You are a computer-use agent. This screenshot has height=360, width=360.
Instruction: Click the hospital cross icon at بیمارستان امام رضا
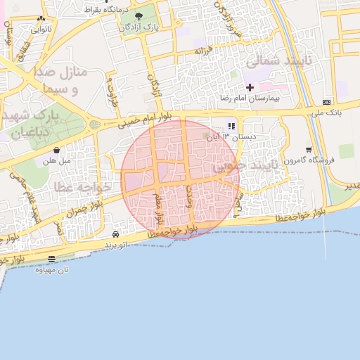(x=250, y=86)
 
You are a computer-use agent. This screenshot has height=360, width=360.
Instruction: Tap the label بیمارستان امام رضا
(x=250, y=98)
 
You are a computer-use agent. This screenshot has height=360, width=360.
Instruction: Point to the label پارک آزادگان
(x=138, y=27)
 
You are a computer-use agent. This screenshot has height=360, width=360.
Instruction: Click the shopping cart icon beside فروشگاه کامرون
(x=309, y=149)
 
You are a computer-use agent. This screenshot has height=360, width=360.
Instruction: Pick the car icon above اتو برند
(x=115, y=233)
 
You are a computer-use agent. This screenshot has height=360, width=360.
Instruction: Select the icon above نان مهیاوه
(x=51, y=258)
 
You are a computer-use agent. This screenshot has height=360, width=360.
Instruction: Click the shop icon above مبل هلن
(x=57, y=150)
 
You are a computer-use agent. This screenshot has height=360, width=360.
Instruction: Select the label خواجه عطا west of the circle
(x=82, y=186)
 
